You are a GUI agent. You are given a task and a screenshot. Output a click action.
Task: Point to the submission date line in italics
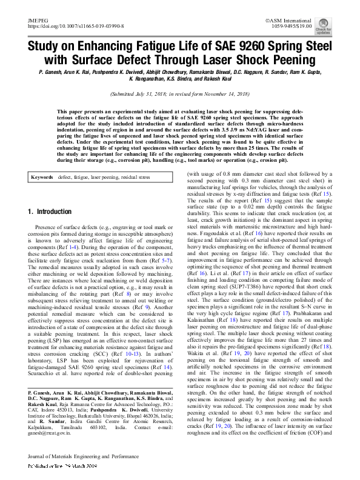click(x=180, y=95)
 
